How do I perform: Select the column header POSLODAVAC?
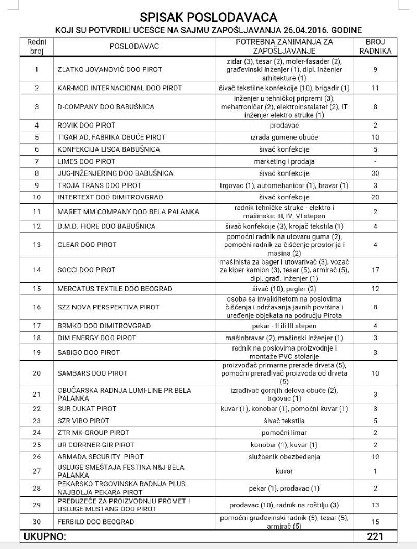click(x=134, y=46)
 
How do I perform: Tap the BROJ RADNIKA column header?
click(x=375, y=46)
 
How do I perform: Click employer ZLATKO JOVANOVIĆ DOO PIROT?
click(x=109, y=69)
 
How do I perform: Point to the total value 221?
click(x=375, y=535)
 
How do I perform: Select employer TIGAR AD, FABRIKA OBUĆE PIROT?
click(x=112, y=137)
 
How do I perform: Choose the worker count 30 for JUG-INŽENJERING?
click(x=375, y=173)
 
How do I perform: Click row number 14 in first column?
click(x=36, y=270)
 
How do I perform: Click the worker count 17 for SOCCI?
click(x=375, y=270)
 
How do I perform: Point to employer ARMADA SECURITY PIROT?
click(x=101, y=457)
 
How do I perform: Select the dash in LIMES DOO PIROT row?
click(x=375, y=161)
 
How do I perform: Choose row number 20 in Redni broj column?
click(x=36, y=373)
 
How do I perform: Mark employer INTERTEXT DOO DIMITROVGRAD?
click(x=110, y=197)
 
